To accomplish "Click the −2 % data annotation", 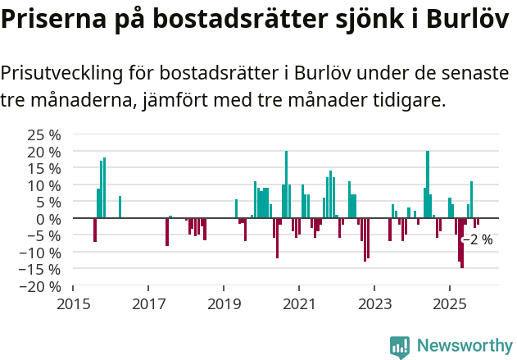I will (478, 240).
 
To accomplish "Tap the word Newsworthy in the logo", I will (464, 346).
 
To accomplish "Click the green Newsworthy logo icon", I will (400, 347).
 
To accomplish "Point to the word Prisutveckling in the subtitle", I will (62, 74).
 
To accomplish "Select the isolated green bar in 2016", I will (120, 207).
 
